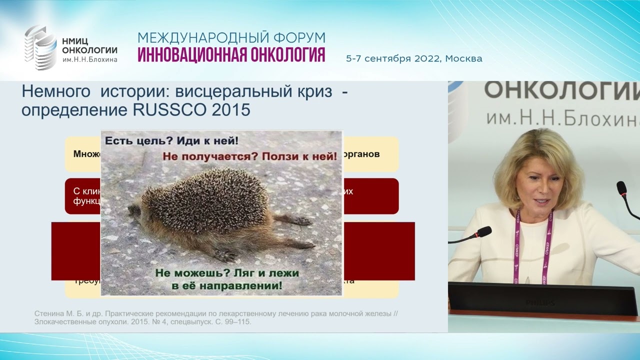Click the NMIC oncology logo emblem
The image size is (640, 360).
click(x=41, y=47)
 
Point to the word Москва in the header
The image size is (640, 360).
click(x=463, y=58)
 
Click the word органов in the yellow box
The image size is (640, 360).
click(x=362, y=154)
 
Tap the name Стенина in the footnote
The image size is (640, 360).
click(x=49, y=313)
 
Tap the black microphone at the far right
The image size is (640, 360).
click(x=622, y=188)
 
